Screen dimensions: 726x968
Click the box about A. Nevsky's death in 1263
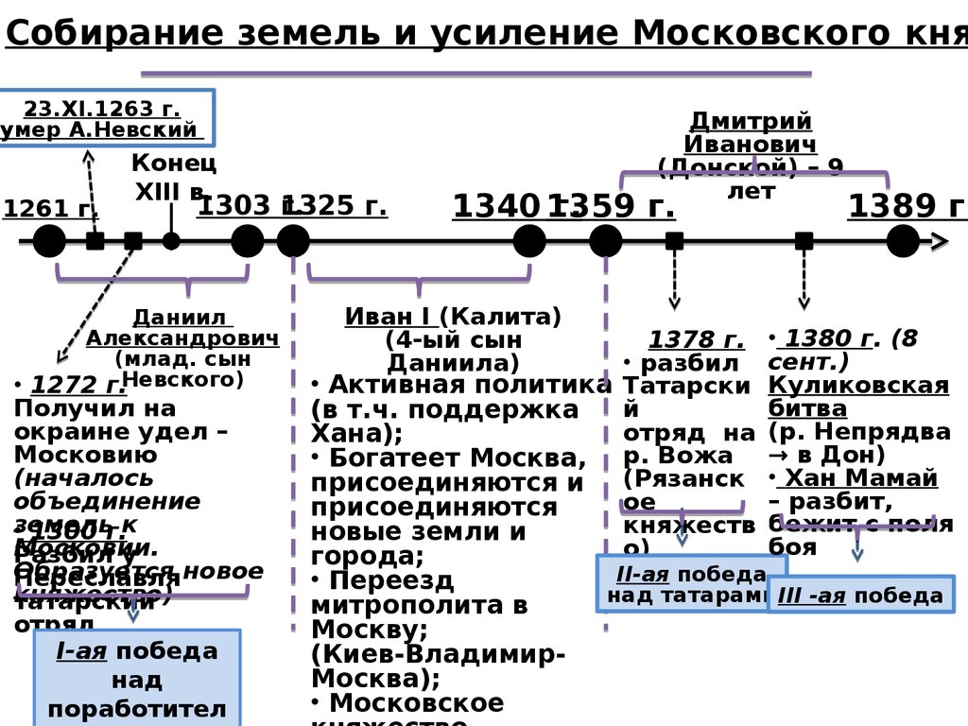pyautogui.click(x=107, y=118)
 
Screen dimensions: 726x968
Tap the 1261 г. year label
pyautogui.click(x=36, y=209)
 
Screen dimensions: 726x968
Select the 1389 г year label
pyautogui.click(x=907, y=206)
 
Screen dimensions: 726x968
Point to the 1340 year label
pyautogui.click(x=497, y=206)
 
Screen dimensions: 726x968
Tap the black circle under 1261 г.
pyautogui.click(x=49, y=241)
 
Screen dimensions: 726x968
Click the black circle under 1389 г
pyautogui.click(x=903, y=241)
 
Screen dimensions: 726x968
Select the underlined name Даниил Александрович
pyautogui.click(x=182, y=328)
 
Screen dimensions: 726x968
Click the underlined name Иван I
pyautogui.click(x=388, y=316)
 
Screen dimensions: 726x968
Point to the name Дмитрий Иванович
pyautogui.click(x=751, y=132)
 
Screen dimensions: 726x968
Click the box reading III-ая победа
pyautogui.click(x=860, y=596)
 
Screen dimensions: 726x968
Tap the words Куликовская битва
pyautogui.click(x=857, y=396)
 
